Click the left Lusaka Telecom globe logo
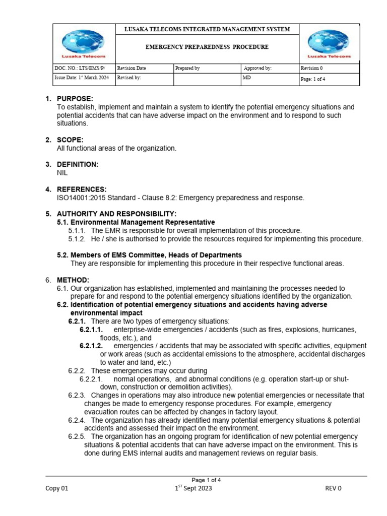(83, 43)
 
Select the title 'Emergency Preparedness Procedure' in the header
(207, 47)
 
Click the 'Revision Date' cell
(131, 68)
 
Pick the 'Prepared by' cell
(187, 68)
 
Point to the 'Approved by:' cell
(257, 68)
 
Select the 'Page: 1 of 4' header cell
(316, 79)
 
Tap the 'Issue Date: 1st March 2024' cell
(81, 78)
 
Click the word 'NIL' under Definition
(63, 173)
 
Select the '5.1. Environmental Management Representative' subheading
(136, 222)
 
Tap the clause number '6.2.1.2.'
(91, 346)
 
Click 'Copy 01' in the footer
(57, 488)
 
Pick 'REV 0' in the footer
(333, 488)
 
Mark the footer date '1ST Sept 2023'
(193, 488)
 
